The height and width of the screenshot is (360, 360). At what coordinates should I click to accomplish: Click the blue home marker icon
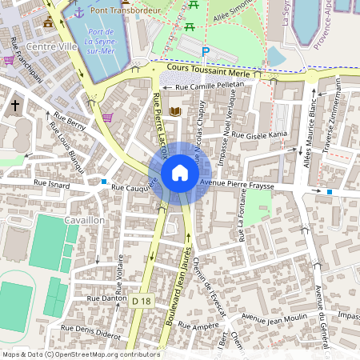coord(180,173)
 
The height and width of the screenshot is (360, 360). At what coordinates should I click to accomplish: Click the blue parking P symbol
coord(205,52)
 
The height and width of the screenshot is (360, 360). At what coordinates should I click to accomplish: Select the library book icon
coord(175,111)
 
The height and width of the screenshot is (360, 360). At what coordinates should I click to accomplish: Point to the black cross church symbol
coord(15,105)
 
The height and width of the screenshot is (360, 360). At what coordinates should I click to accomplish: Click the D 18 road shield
coord(142,300)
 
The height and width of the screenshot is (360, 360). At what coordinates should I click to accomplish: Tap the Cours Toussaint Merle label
coord(216,70)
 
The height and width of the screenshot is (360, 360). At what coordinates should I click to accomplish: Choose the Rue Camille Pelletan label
coord(209,83)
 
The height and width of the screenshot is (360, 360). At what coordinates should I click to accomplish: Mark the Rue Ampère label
coord(198,326)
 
